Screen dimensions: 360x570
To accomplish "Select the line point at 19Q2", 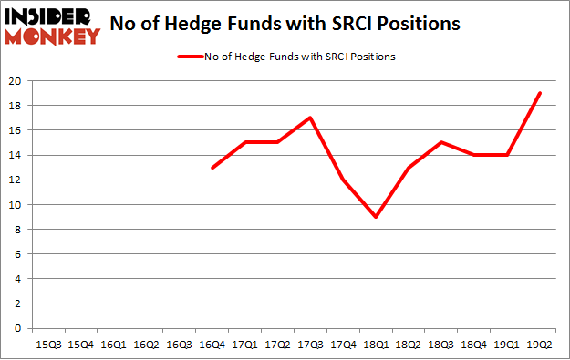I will point(540,93).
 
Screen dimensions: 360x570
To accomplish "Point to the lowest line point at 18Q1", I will point(376,216).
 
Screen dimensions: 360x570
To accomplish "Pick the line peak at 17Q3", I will point(311,118).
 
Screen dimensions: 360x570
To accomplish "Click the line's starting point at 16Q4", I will point(212,167).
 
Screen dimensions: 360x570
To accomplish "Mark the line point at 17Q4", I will point(343,180).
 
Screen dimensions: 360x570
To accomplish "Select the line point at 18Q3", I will point(441,142).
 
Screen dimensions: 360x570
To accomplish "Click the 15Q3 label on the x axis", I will point(49,345).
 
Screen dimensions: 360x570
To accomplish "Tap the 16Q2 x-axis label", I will point(147,345).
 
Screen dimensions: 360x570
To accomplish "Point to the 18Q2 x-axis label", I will point(409,345).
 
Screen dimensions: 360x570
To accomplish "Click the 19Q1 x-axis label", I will point(507,345).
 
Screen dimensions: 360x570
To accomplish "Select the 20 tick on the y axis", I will point(16,80).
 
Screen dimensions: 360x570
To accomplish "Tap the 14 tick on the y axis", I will point(16,155).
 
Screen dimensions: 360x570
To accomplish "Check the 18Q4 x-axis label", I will point(474,345).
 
